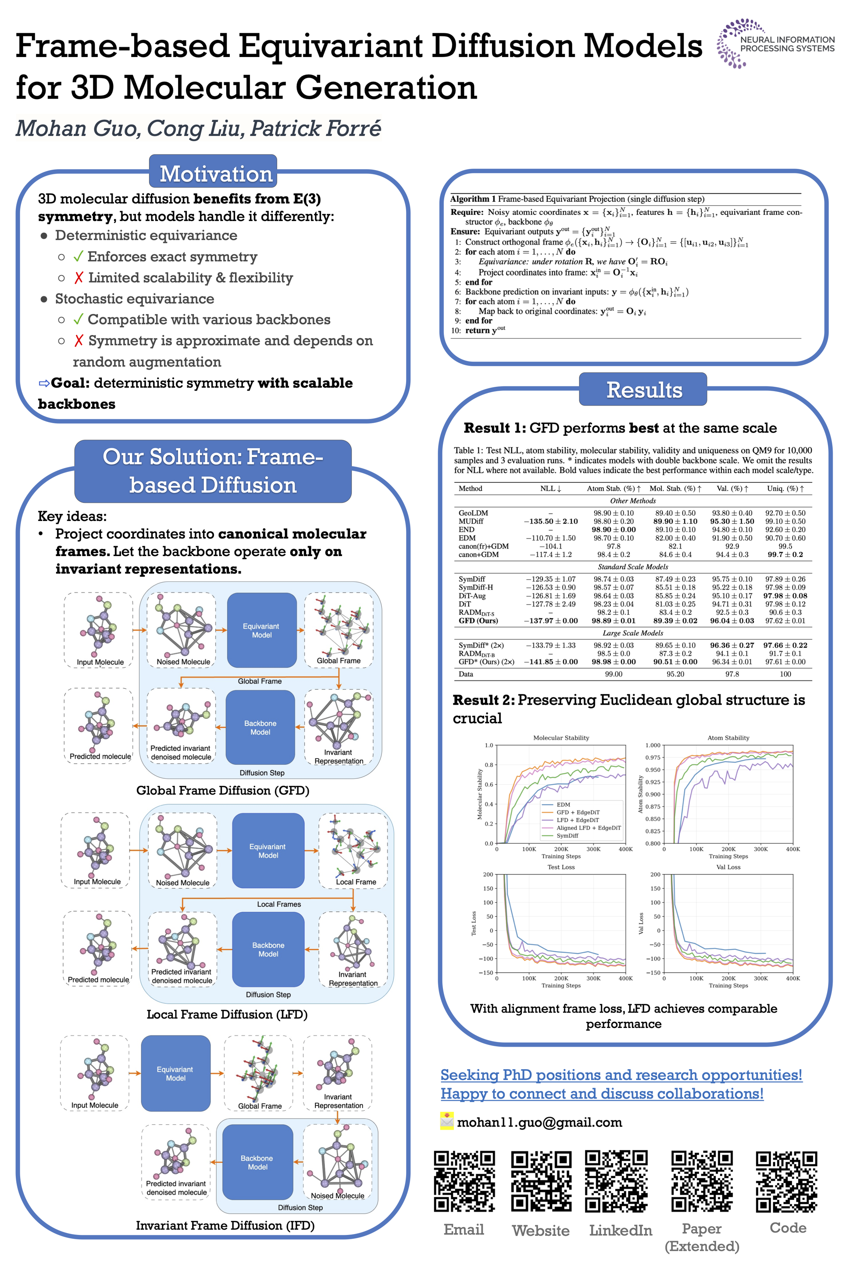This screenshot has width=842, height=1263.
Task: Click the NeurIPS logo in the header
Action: point(774,43)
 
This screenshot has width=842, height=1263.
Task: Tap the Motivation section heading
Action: point(216,174)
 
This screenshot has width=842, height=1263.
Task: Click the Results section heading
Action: point(643,390)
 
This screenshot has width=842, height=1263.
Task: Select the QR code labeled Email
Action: point(464,1181)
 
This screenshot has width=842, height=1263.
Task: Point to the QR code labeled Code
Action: point(787,1181)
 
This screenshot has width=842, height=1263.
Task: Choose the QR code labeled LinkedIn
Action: point(617,1181)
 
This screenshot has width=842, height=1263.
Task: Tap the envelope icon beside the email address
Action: point(447,1121)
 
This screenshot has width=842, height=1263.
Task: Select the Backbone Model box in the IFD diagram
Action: point(257,1162)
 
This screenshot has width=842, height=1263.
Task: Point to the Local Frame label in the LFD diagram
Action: point(356,882)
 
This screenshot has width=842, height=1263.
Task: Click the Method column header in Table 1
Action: point(471,489)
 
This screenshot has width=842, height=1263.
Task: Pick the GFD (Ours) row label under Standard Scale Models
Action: point(478,621)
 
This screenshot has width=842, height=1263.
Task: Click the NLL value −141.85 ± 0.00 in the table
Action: point(550,662)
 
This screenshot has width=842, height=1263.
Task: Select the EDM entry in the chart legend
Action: point(563,804)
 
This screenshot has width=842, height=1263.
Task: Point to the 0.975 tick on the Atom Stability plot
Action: point(653,758)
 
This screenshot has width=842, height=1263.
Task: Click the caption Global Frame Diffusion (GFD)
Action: point(222,790)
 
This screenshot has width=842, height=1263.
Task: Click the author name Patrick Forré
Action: point(316,129)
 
